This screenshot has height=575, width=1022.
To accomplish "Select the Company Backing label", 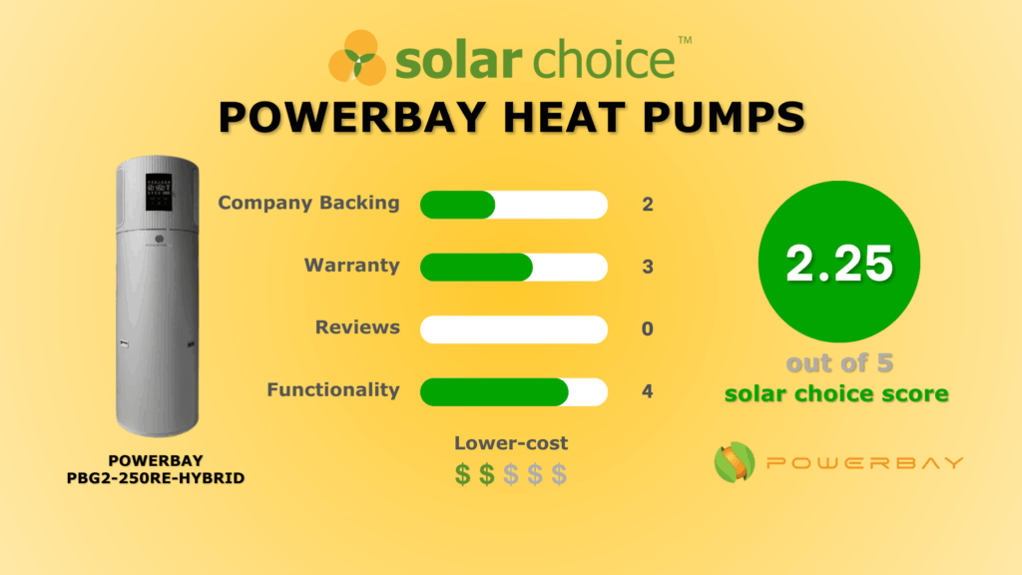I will click(308, 203).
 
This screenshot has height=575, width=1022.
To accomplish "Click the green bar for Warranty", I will click(476, 267).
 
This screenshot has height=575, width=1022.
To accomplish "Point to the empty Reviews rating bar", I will click(513, 328).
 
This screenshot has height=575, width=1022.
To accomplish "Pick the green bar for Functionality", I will click(494, 391).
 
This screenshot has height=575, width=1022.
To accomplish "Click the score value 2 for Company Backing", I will click(648, 205).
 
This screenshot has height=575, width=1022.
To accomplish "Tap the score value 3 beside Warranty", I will click(648, 267).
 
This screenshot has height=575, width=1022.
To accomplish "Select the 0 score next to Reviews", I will click(648, 328).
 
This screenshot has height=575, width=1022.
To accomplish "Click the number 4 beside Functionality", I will click(648, 391).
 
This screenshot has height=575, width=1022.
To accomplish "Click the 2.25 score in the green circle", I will click(838, 263).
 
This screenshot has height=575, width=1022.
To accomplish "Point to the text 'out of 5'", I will click(837, 363).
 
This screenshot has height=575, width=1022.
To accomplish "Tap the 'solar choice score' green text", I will click(836, 393).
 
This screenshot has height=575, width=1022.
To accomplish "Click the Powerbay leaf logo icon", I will click(735, 462).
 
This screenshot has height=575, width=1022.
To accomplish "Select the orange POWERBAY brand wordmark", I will click(864, 462).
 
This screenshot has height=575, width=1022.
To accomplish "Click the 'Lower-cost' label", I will click(511, 443).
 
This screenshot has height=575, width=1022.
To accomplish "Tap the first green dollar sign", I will click(462, 474).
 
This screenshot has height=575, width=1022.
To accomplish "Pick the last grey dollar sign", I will click(559, 474).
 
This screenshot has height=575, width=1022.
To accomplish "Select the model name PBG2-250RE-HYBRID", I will click(155, 477).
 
